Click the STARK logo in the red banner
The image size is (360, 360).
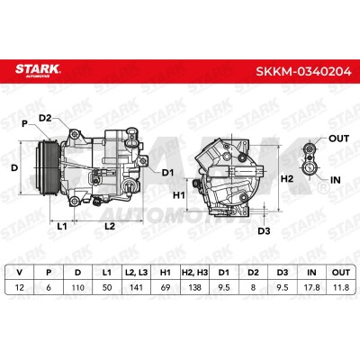(x=38, y=70)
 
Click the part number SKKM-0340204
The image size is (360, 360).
(x=303, y=71)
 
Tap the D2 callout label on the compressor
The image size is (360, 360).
(x=45, y=118)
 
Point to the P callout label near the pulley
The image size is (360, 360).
(x=25, y=123)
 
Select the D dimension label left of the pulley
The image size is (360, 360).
(x=14, y=168)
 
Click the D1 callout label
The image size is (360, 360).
(x=168, y=173)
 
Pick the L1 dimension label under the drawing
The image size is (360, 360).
(x=62, y=226)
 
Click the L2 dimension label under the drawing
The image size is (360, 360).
(x=110, y=226)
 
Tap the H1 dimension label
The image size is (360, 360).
(x=179, y=195)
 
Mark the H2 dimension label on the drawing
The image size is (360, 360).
(x=287, y=179)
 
